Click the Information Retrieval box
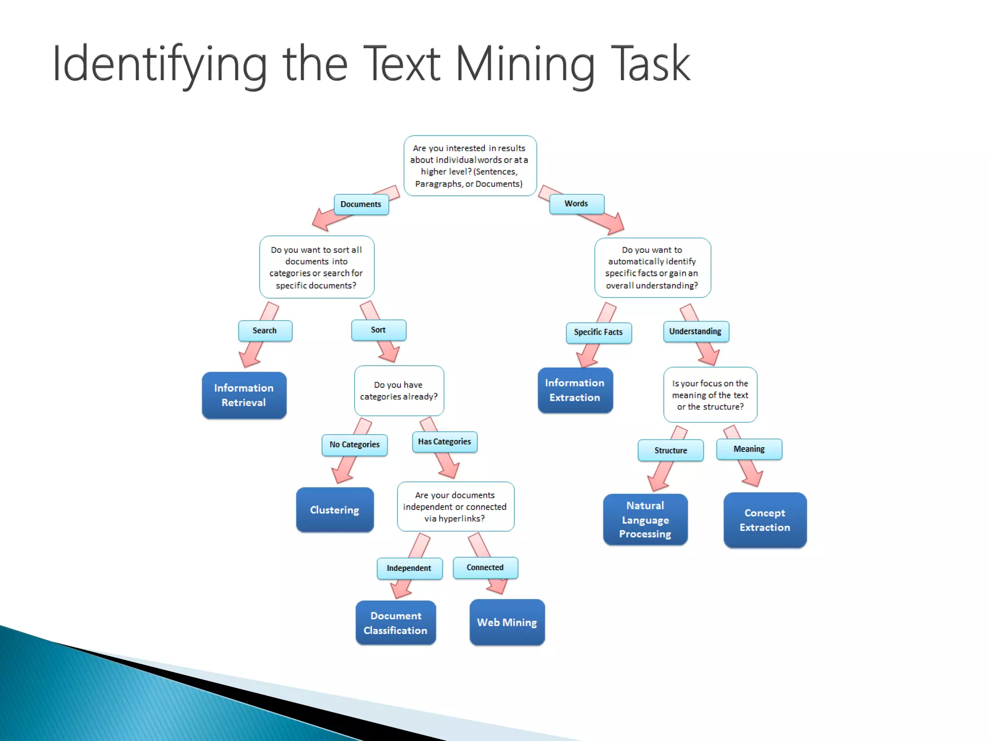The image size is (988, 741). coord(244,395)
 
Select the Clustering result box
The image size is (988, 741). coord(335,510)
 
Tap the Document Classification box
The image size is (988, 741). coord(396,623)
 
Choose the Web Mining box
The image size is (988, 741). coord(507,622)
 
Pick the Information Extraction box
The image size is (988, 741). coord(575,390)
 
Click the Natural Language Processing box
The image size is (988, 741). coord(645,520)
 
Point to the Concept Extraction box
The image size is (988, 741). coord(765,520)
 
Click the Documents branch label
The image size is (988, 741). coord(361,205)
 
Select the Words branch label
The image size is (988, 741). coord(576,204)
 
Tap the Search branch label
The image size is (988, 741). coord(265,331)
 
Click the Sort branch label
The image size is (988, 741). coord(379,330)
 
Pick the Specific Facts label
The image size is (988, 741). coord(599,332)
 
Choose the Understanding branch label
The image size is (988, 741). coord(696,331)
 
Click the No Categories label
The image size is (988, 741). coord(355,445)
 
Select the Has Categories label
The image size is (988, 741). coord(445,442)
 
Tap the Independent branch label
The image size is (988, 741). coord(409,568)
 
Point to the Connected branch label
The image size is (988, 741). coord(485,568)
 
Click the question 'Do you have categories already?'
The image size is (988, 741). coord(399,391)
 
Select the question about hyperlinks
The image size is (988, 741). coord(455,507)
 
